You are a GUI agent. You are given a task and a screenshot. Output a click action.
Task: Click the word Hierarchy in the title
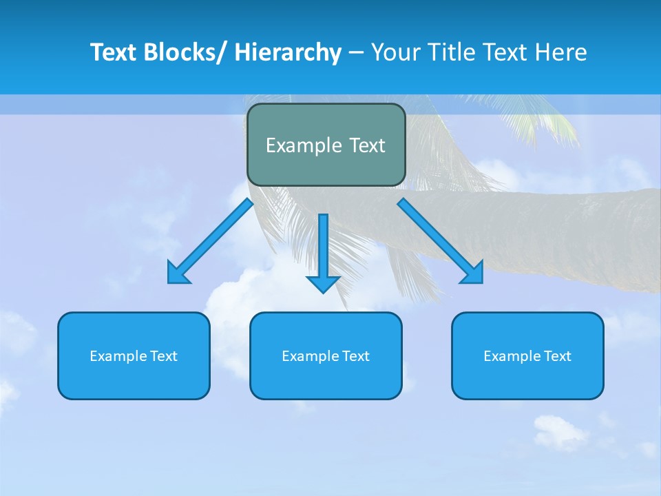click(288, 52)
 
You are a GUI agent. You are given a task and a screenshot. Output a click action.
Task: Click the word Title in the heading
click(454, 52)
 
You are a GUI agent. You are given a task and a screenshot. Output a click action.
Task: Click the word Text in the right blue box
click(556, 356)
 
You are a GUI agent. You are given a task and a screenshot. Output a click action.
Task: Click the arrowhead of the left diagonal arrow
click(176, 275)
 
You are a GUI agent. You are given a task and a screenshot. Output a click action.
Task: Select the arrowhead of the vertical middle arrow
click(323, 284)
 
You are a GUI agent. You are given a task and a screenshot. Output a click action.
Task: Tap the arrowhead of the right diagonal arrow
click(474, 274)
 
